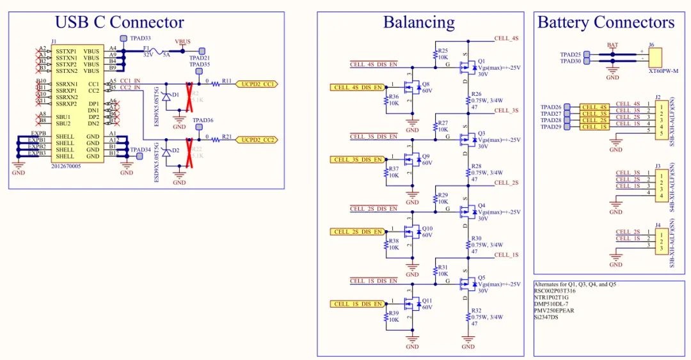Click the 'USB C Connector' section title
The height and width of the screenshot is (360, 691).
point(119,22)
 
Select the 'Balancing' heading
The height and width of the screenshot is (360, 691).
point(418,22)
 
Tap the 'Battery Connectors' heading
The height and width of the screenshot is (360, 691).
point(605,22)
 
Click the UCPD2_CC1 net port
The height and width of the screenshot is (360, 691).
point(257,84)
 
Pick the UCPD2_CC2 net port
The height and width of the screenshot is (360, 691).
point(257,139)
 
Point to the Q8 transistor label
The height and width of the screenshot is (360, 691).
point(425,84)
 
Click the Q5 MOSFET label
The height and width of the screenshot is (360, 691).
point(482,278)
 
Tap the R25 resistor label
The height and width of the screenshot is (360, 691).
point(443,51)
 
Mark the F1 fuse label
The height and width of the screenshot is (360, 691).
point(147,48)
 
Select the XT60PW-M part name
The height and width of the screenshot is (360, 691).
point(662,71)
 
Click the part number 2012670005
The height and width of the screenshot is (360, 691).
point(67,166)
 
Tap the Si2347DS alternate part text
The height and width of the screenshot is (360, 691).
point(546,317)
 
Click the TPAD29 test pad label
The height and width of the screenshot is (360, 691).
point(551,127)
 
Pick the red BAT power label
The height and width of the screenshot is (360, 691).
point(612,45)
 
